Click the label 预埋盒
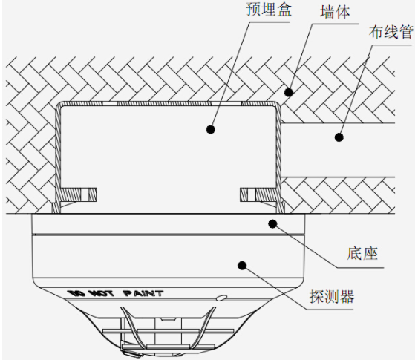pyautogui.click(x=269, y=9)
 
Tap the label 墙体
pyautogui.click(x=335, y=13)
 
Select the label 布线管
pyautogui.click(x=391, y=32)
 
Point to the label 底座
pyautogui.click(x=362, y=253)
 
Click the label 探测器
pyautogui.click(x=332, y=296)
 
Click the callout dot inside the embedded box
pyautogui.click(x=211, y=129)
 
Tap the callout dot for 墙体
pyautogui.click(x=289, y=93)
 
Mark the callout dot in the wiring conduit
pyautogui.click(x=339, y=137)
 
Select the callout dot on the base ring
pyautogui.click(x=272, y=224)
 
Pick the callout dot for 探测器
pyautogui.click(x=242, y=266)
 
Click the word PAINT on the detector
pyautogui.click(x=143, y=294)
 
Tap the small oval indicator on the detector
pyautogui.click(x=222, y=298)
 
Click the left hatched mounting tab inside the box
pyautogui.click(x=79, y=194)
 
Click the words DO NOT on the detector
pyautogui.click(x=90, y=293)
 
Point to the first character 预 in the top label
pyautogui.click(x=253, y=9)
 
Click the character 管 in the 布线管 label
pyautogui.click(x=406, y=32)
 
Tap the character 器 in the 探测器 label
pyautogui.click(x=347, y=296)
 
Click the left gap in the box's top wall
pyautogui.click(x=110, y=103)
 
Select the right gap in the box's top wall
pyautogui.click(x=226, y=103)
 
